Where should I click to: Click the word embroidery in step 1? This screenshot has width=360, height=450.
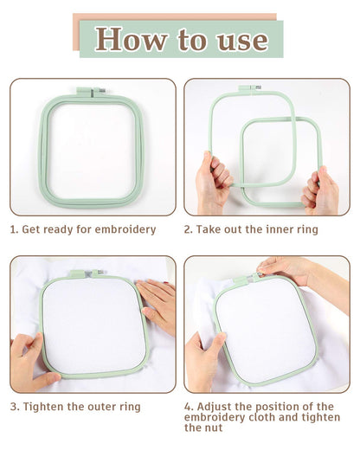point(125,229)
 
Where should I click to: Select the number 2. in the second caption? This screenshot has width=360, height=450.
point(189,229)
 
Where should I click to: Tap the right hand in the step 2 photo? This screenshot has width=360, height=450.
point(323,190)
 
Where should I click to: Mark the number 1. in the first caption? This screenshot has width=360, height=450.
point(15,229)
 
